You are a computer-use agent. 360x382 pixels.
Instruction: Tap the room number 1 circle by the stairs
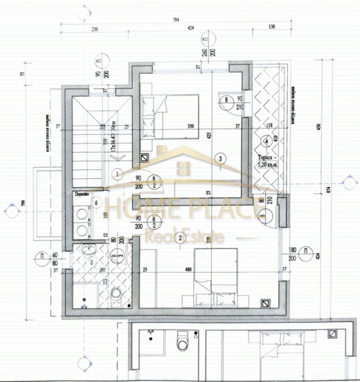[117, 173]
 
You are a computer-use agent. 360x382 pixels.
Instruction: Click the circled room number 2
[180, 237]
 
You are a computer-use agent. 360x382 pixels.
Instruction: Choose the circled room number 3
[220, 158]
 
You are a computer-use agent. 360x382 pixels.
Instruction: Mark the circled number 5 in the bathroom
[92, 262]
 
